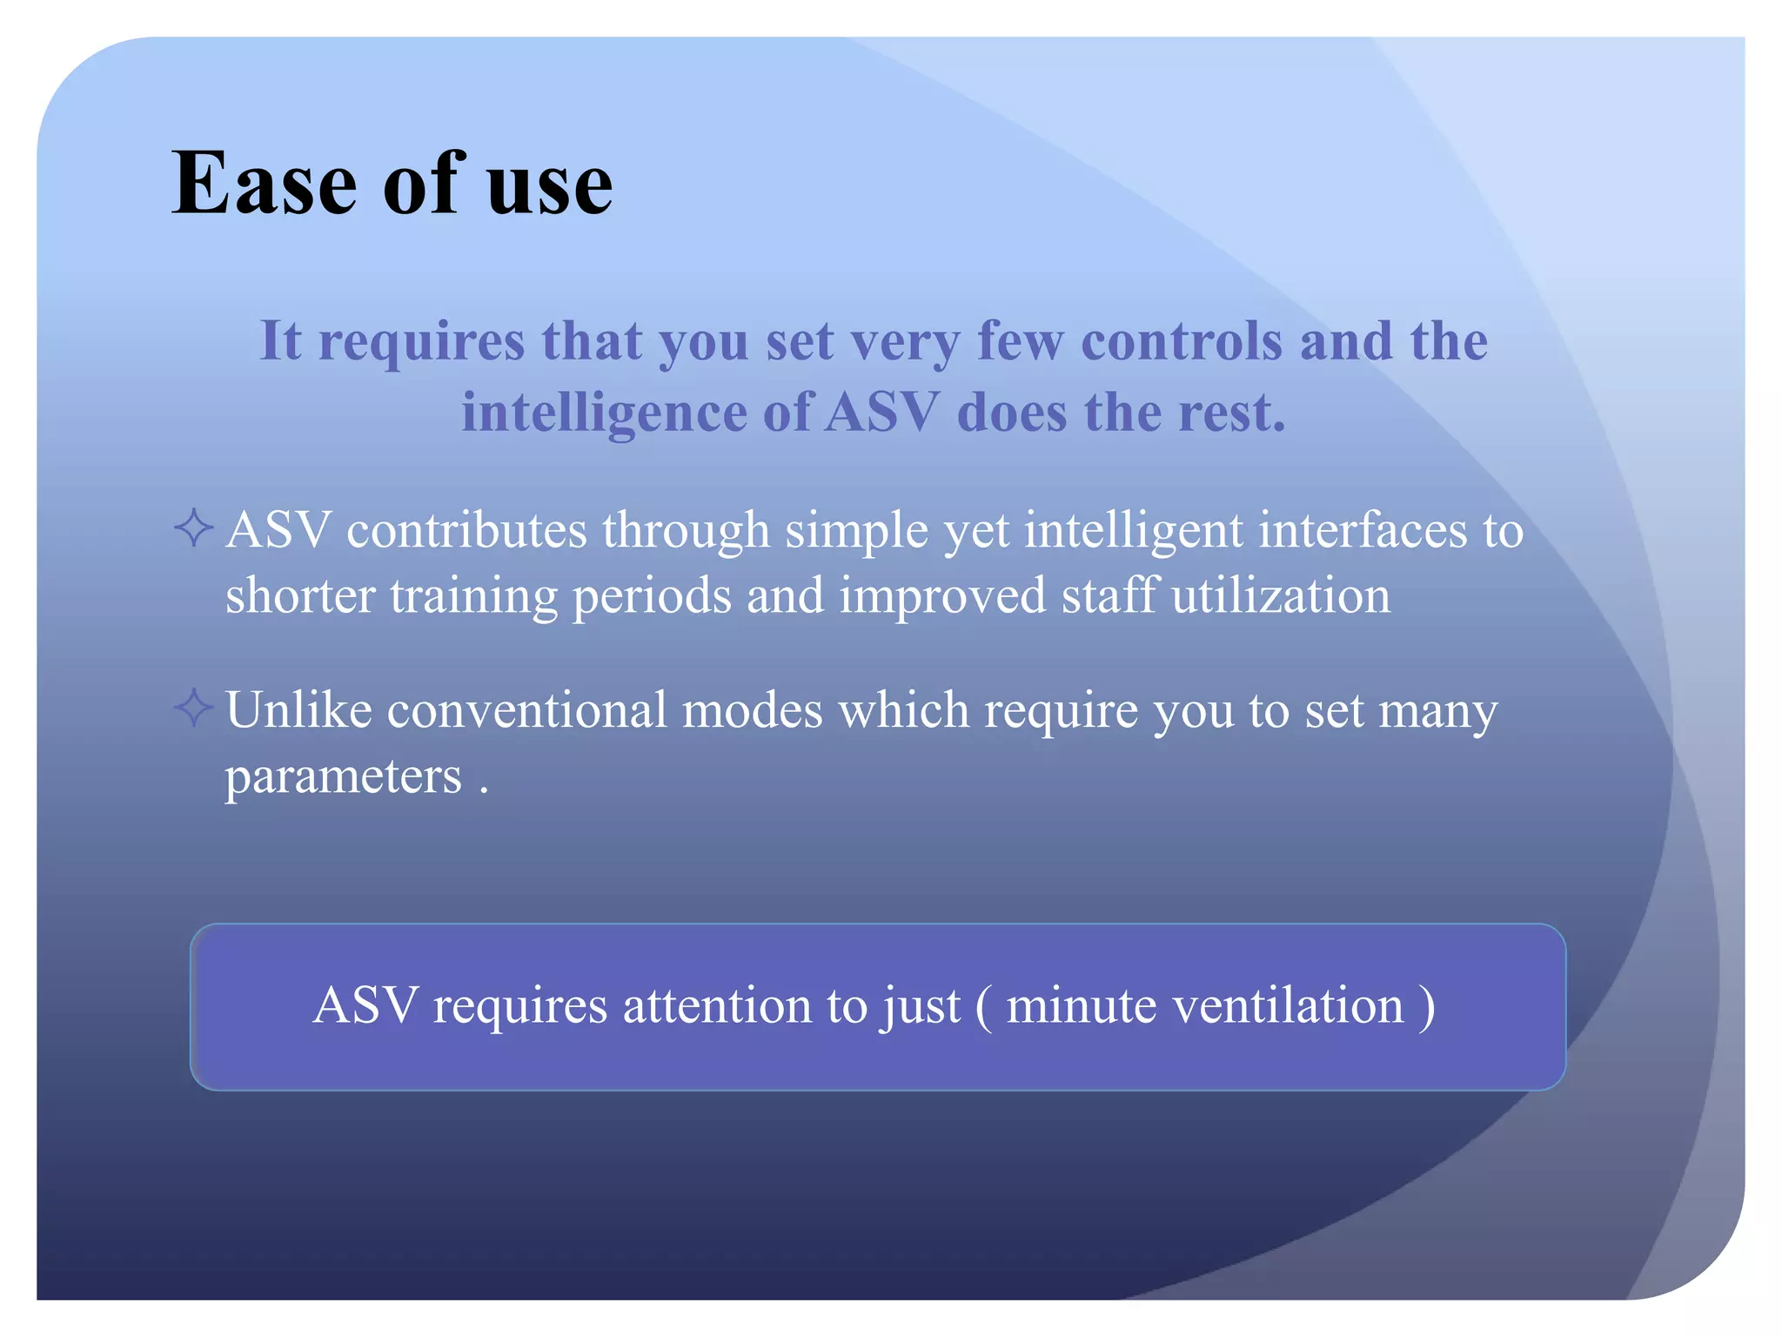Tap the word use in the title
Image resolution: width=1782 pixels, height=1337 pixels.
click(549, 188)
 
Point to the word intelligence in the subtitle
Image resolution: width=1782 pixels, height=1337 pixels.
click(604, 413)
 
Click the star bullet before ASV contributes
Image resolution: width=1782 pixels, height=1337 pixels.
click(193, 527)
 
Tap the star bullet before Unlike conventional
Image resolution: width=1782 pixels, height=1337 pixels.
click(193, 707)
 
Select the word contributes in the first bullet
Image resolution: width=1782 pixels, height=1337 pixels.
click(466, 530)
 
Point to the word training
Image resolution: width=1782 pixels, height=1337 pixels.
click(473, 597)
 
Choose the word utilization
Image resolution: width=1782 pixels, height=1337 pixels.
click(1281, 596)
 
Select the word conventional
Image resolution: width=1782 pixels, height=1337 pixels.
click(526, 709)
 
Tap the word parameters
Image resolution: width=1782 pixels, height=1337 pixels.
click(343, 777)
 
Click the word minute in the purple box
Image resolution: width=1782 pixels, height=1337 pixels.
click(1081, 1006)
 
